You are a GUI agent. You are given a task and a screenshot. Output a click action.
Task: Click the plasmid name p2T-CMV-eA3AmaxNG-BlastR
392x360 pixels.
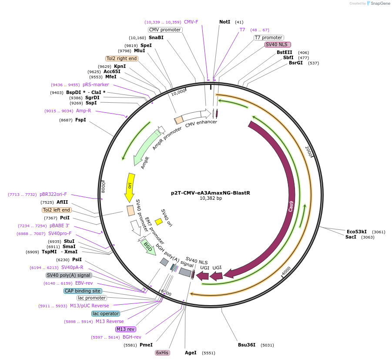point(210,193)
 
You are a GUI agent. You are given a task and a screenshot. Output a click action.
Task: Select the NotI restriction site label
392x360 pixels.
point(224,22)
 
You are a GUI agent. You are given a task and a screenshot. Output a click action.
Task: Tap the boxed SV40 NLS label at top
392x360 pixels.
point(278,44)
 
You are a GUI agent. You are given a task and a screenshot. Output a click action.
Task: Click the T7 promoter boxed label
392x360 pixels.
point(268,37)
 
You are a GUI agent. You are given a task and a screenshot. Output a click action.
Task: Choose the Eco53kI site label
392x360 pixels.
point(356,232)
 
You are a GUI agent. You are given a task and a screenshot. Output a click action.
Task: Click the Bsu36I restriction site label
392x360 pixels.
point(246,345)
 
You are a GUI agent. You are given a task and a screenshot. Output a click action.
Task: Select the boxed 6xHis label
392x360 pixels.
point(162,353)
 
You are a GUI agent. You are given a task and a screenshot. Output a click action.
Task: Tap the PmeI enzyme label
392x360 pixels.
point(146,345)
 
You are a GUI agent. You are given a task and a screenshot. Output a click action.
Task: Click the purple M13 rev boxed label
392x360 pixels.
point(126,329)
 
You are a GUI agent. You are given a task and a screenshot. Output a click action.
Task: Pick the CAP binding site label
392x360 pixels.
point(83,291)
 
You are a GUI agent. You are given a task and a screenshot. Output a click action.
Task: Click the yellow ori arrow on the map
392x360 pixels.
point(130,187)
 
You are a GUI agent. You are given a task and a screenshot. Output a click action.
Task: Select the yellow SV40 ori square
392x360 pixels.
point(159,222)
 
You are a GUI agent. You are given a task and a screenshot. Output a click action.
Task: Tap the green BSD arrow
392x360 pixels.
point(148,247)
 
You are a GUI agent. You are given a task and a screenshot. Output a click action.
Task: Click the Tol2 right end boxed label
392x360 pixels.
point(121,58)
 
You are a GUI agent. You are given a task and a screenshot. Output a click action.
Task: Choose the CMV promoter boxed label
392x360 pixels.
point(164,30)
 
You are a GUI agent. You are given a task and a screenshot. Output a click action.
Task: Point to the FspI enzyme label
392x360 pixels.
point(80,120)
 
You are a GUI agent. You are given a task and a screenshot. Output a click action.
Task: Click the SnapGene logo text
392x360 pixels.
point(379,3)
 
